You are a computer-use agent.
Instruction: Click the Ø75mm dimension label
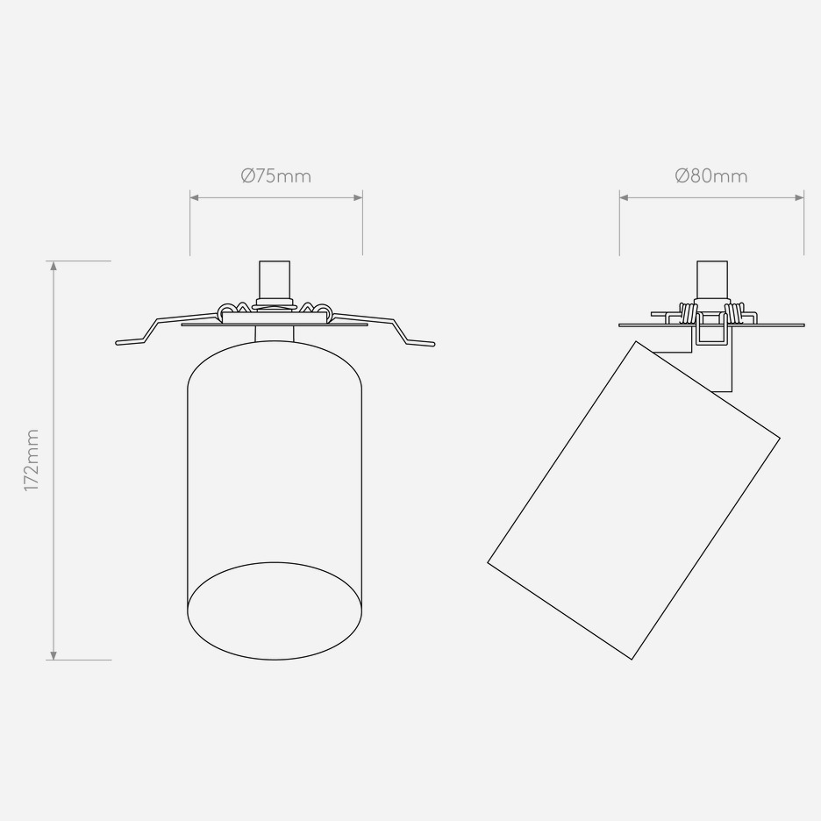point(276,176)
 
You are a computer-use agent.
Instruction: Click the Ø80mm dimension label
point(711,176)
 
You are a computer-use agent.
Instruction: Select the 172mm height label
point(32,460)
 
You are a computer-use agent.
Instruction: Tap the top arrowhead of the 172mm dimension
point(53,266)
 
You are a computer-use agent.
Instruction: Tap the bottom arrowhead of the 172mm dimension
point(53,655)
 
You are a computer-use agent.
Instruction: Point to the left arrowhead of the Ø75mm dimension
point(194,197)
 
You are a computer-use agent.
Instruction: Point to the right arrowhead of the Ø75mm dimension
point(358,197)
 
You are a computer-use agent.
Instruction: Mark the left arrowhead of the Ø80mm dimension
point(625,197)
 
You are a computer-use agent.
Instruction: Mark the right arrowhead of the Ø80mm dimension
point(799,197)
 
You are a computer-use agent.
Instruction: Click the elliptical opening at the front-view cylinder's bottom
point(275,563)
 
